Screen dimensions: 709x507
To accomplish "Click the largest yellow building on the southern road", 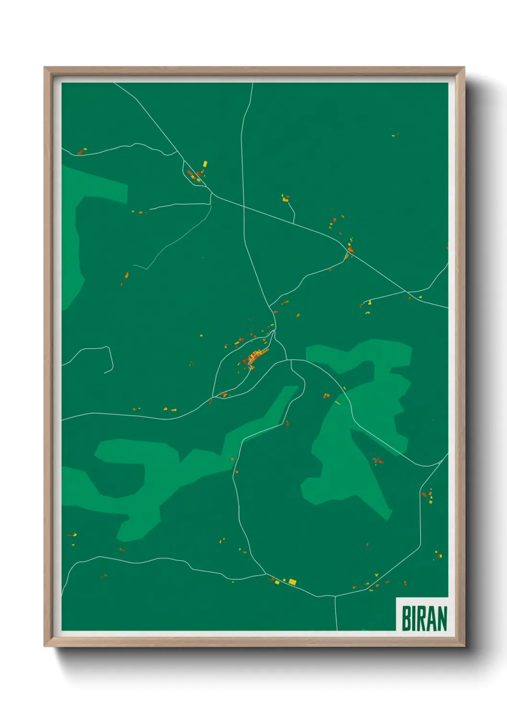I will coord(292,582).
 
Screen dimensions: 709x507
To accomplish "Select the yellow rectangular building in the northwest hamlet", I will coord(205,164).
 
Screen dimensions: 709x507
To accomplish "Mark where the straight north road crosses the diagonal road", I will coord(244,206).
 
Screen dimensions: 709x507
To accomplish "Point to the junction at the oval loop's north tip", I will coord(275,330).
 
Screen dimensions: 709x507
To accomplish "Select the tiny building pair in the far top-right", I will coord(395,135).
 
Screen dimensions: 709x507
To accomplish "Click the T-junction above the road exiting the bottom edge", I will coord(335,596).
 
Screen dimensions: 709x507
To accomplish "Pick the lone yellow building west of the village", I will coord(201,335).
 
